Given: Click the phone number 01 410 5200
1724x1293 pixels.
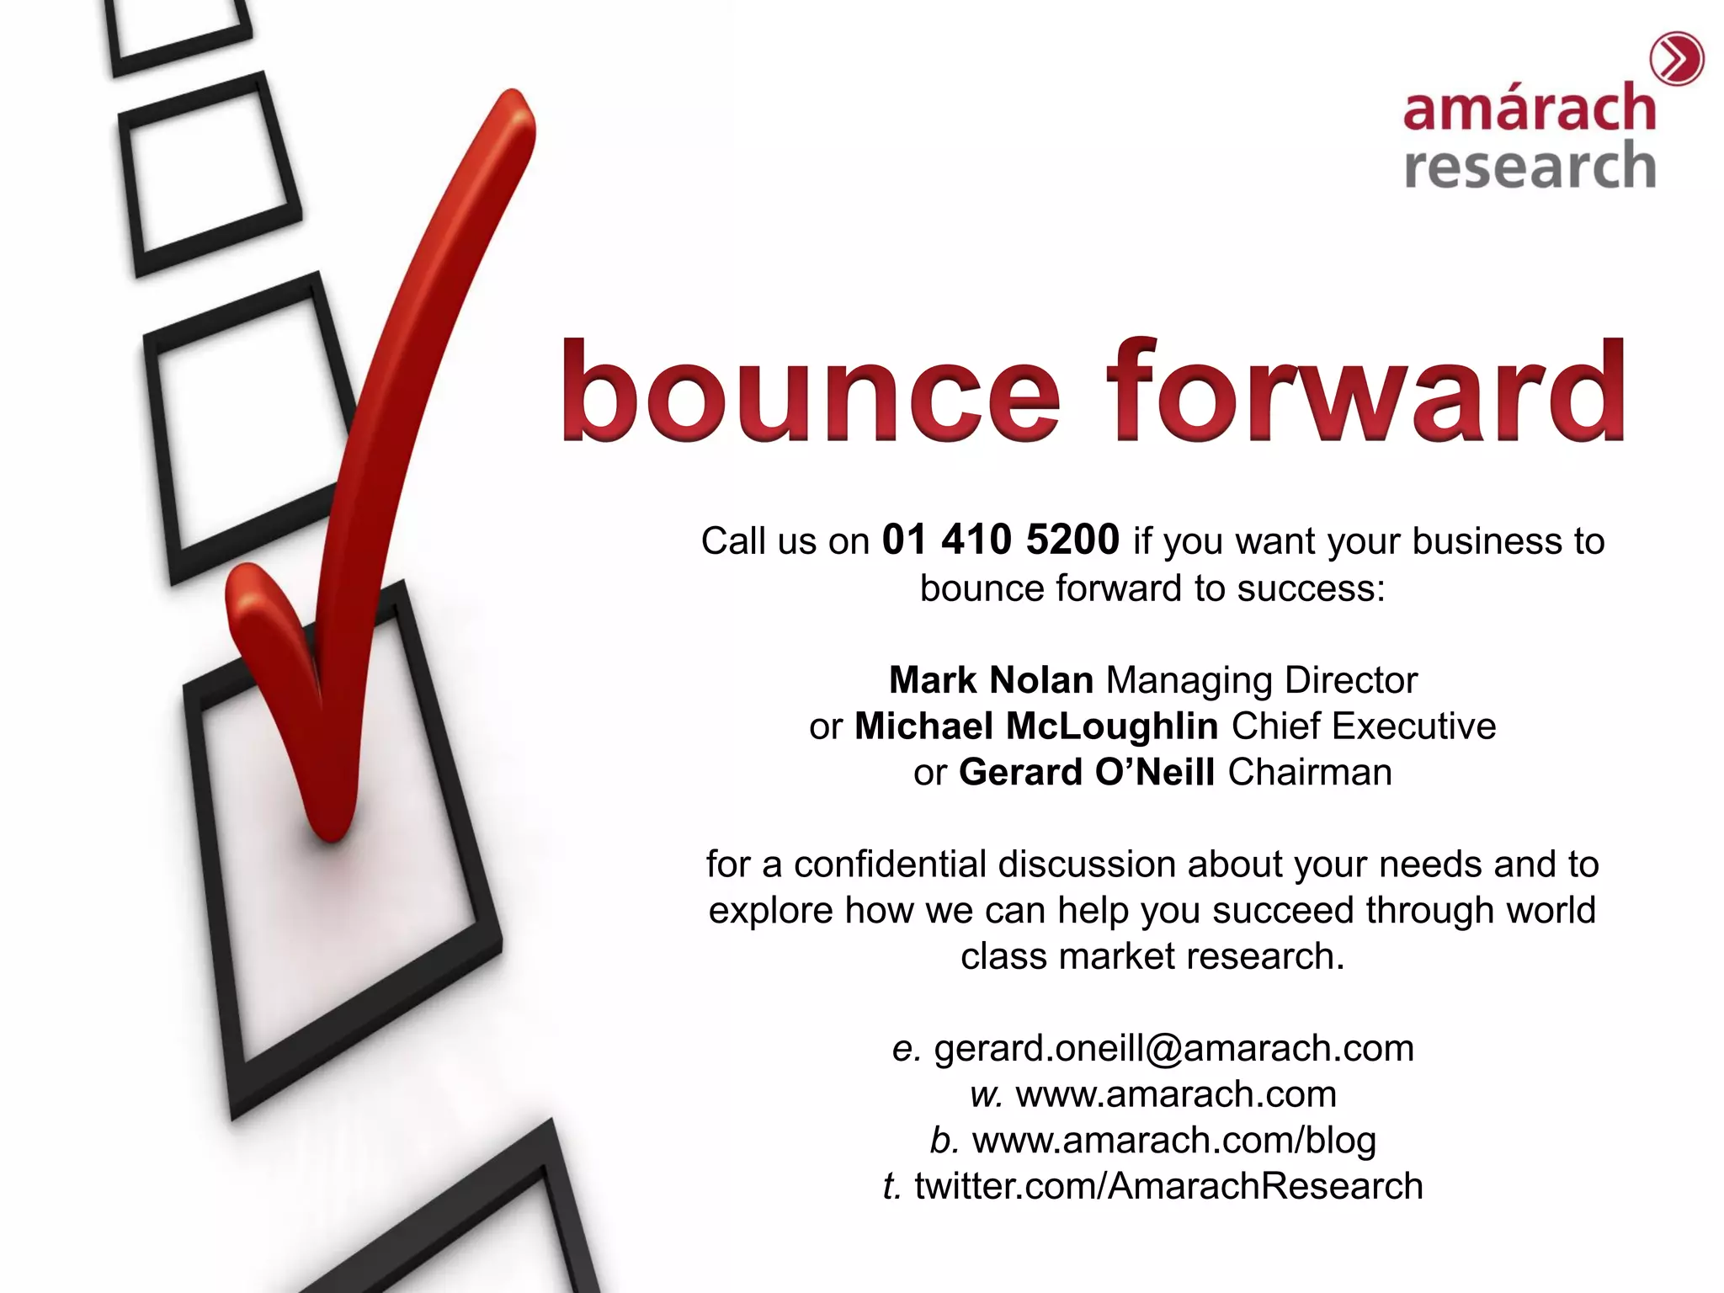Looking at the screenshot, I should click(1000, 540).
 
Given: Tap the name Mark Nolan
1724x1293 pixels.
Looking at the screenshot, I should click(991, 680).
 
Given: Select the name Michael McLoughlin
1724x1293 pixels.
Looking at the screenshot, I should click(1035, 726).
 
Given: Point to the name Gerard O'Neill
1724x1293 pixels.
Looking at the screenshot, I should click(1086, 773).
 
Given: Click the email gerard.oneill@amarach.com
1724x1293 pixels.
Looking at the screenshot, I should click(1173, 1049).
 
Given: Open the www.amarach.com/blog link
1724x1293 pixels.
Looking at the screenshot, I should click(1173, 1141).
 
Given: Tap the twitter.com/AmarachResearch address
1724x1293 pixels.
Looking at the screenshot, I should click(1168, 1186).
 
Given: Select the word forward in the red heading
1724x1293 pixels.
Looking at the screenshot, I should click(1365, 391).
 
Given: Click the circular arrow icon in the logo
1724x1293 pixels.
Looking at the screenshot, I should click(1676, 60).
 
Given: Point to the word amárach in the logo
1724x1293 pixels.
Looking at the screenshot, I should click(1529, 109).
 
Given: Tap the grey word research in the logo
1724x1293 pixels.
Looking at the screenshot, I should click(1529, 165).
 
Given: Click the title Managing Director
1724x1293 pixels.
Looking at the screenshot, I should click(1261, 680).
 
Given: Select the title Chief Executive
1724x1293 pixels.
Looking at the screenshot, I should click(1364, 726).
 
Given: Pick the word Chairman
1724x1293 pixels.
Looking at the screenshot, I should click(1310, 773).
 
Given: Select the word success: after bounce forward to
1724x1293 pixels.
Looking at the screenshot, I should click(1311, 588).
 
